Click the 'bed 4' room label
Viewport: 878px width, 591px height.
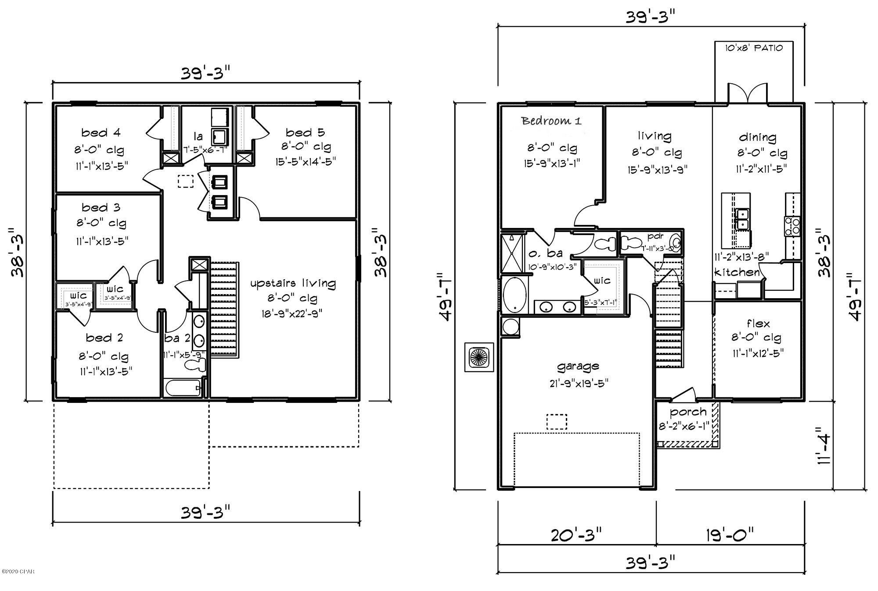tap(101, 132)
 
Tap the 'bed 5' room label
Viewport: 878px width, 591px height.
tap(305, 132)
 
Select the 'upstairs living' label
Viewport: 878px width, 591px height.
tap(293, 283)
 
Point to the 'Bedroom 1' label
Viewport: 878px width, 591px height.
tap(551, 121)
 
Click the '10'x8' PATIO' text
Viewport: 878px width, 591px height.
tap(753, 48)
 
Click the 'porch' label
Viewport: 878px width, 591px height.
tap(688, 412)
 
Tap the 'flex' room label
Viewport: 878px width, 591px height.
tap(758, 324)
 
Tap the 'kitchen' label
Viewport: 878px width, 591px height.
tap(737, 272)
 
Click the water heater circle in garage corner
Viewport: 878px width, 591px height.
tap(511, 327)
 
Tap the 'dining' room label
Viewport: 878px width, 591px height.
tap(758, 137)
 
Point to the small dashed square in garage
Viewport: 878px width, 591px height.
tap(556, 422)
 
